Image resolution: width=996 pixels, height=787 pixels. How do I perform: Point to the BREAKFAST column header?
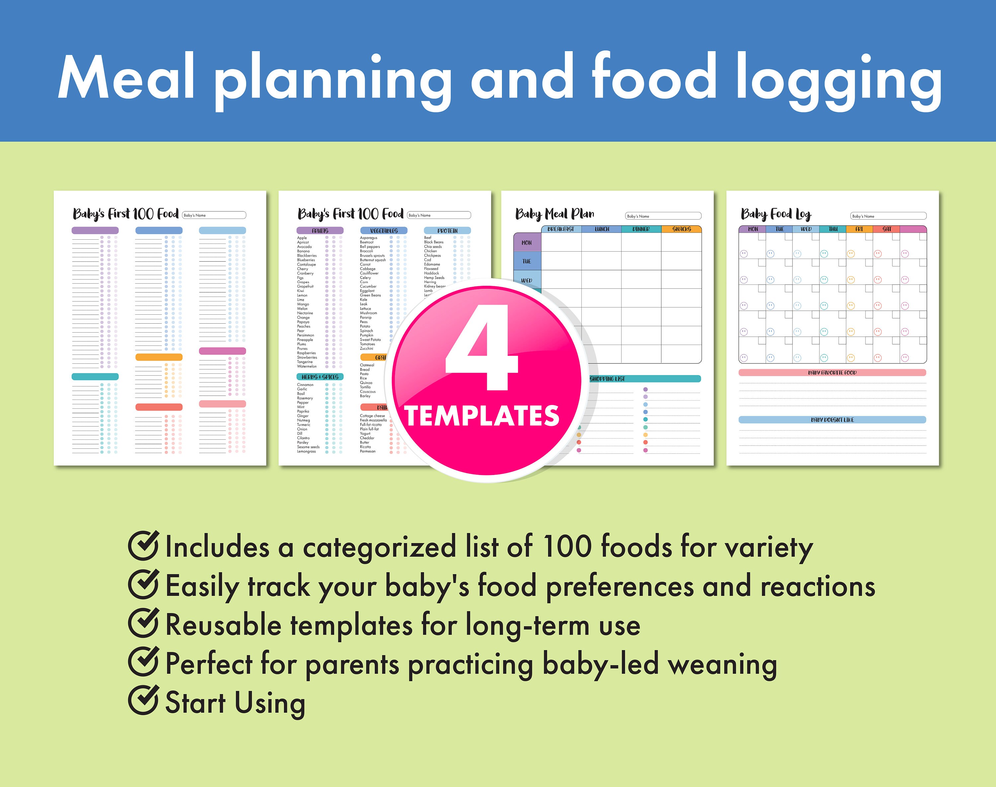pyautogui.click(x=561, y=229)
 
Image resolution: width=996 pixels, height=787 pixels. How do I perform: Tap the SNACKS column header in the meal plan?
pyautogui.click(x=681, y=229)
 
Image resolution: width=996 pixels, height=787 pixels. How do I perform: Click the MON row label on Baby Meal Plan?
pyautogui.click(x=527, y=242)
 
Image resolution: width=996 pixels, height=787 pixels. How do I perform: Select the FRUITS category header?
pyautogui.click(x=320, y=230)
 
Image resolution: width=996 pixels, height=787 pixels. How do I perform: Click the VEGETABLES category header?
pyautogui.click(x=383, y=230)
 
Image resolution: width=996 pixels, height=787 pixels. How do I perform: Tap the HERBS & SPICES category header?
pyautogui.click(x=320, y=377)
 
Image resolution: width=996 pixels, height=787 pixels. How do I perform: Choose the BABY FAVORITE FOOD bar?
pyautogui.click(x=832, y=372)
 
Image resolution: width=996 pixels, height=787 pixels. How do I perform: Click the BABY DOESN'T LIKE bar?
pyautogui.click(x=832, y=420)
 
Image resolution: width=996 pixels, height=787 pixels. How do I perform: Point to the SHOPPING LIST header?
pyautogui.click(x=608, y=379)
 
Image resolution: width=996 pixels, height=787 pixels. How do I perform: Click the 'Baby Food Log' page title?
pyautogui.click(x=776, y=214)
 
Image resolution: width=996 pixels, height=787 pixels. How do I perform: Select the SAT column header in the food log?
pyautogui.click(x=886, y=229)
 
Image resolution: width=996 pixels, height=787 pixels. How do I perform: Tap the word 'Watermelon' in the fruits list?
pyautogui.click(x=307, y=366)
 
